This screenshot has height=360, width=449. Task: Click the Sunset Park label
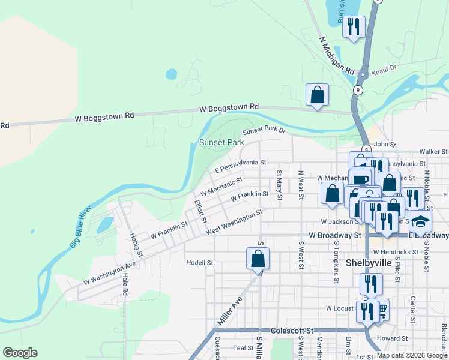(x=221, y=143)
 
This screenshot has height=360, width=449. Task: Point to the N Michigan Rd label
(x=337, y=55)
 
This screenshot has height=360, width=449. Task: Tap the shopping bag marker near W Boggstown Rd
(x=317, y=95)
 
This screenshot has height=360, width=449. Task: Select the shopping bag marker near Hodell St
(x=258, y=259)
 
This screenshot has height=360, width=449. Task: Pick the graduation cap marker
(x=420, y=221)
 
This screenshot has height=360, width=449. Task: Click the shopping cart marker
(x=381, y=310)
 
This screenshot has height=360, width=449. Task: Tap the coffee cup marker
(x=360, y=179)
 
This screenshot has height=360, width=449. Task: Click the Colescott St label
(x=292, y=330)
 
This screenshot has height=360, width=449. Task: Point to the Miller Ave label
(x=229, y=311)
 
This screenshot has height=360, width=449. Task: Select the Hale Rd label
(x=125, y=284)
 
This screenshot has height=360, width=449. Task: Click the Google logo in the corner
(x=20, y=353)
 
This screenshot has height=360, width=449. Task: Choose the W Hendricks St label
(x=394, y=252)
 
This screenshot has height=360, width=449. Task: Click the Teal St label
(x=244, y=347)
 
